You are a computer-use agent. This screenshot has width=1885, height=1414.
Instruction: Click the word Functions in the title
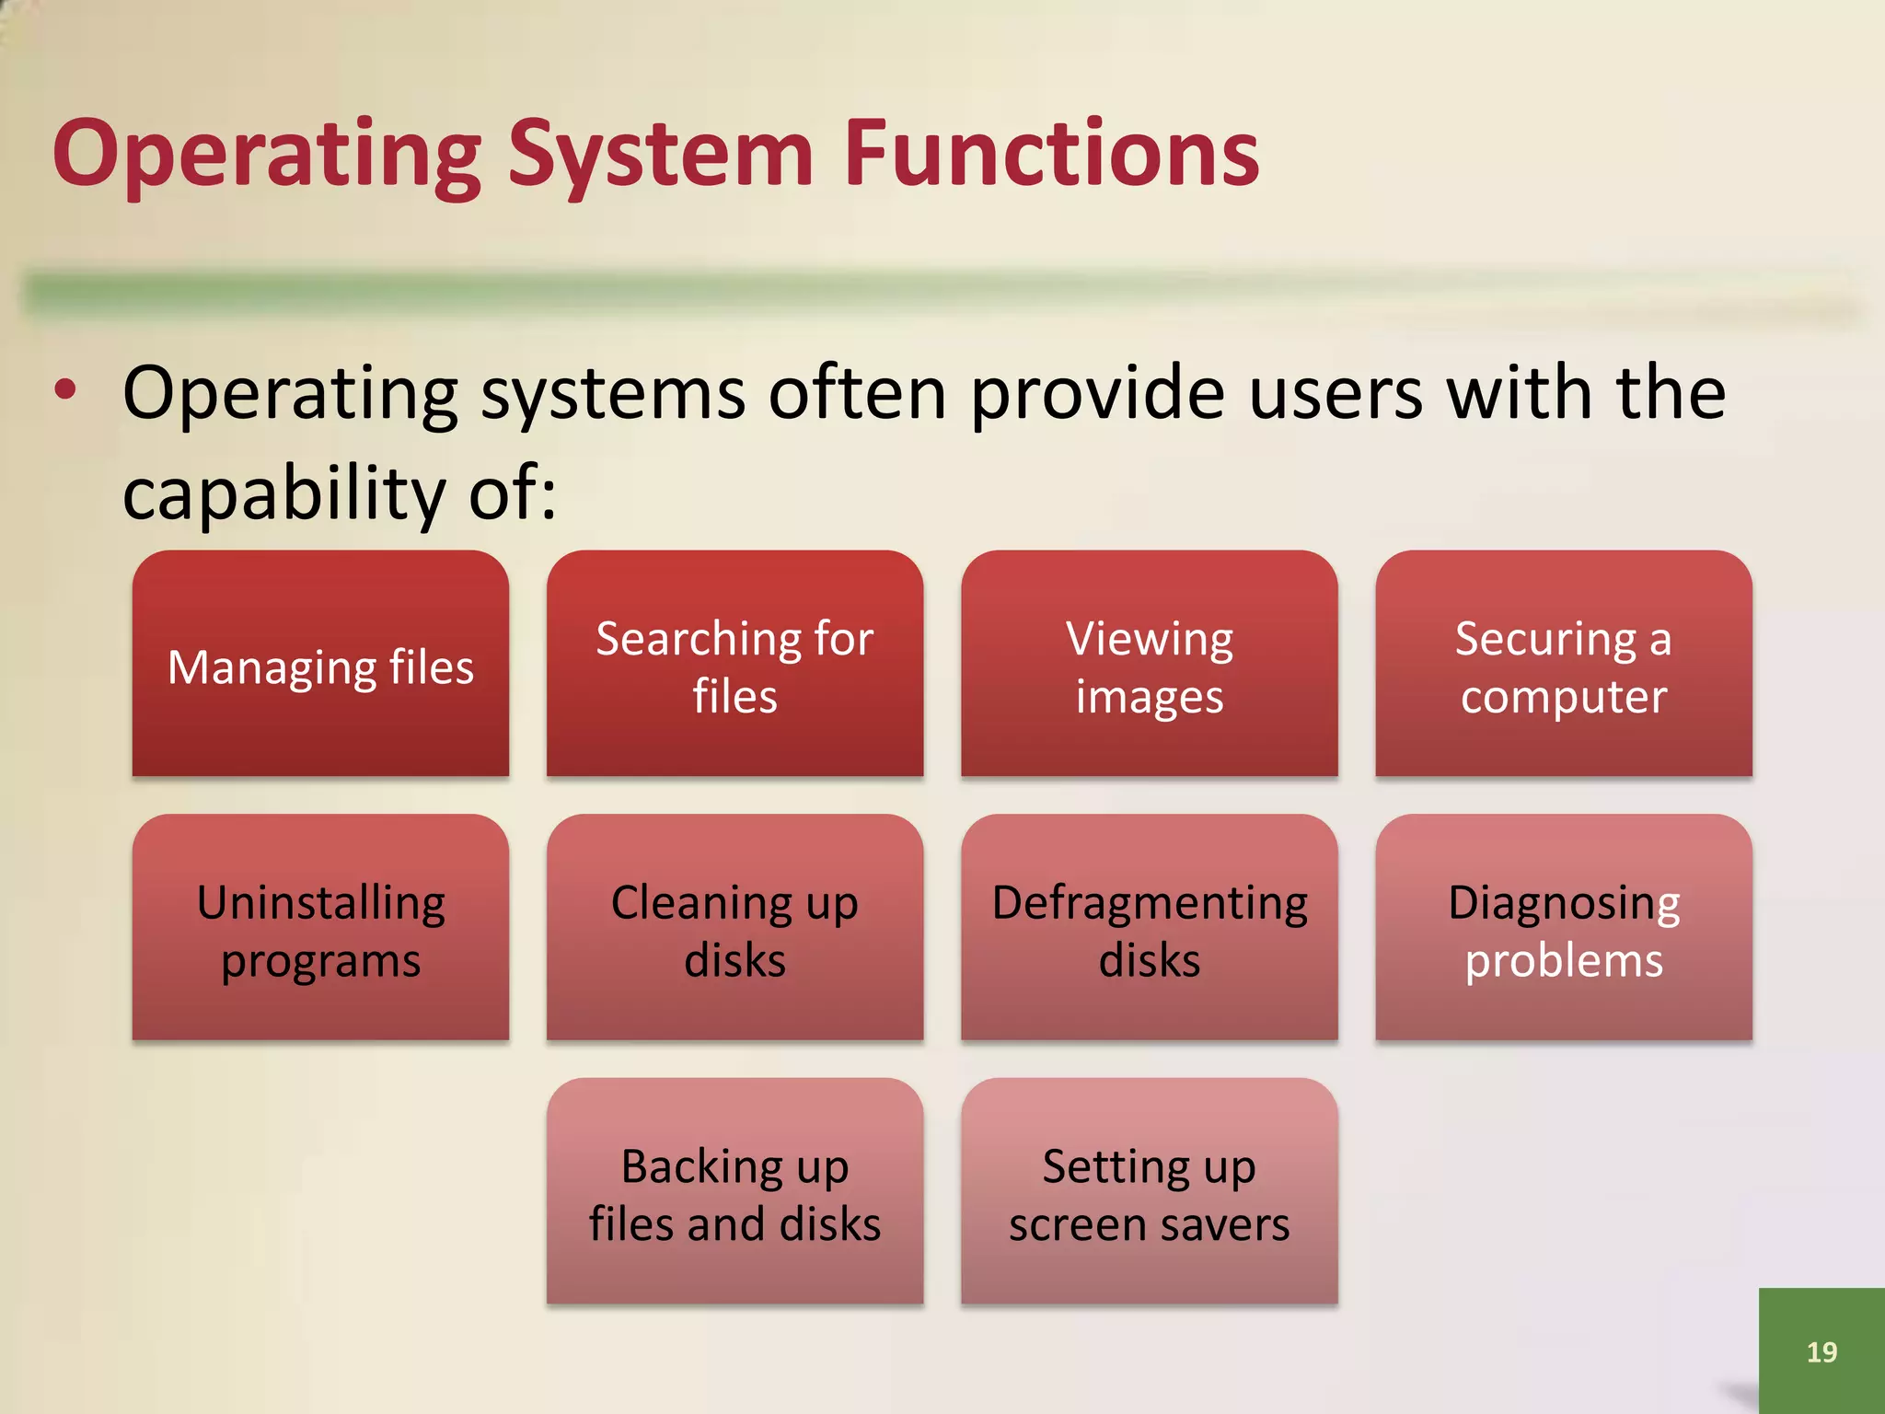(1051, 154)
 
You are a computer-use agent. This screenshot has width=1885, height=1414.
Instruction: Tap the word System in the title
(660, 154)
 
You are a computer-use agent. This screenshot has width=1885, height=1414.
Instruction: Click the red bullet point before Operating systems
(65, 389)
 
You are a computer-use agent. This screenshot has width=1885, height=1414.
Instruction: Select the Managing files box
(320, 664)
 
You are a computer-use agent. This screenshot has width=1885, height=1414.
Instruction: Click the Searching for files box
(734, 664)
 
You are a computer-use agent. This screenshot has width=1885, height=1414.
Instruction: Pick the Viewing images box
(1149, 664)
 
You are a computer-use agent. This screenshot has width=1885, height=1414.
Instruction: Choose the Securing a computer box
(1563, 664)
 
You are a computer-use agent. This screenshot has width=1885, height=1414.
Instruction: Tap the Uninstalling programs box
(320, 928)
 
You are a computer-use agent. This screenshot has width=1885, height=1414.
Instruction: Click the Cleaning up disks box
(734, 928)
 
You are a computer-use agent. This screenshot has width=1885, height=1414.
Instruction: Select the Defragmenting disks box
(1149, 928)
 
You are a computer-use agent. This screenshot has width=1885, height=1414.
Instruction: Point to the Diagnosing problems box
(1563, 928)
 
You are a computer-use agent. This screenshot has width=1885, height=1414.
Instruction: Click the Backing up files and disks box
(734, 1191)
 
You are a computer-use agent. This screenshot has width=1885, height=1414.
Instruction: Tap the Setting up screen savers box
(1149, 1191)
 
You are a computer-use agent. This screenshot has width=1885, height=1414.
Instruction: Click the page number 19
(1821, 1351)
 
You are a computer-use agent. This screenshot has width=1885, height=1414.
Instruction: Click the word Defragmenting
(1149, 903)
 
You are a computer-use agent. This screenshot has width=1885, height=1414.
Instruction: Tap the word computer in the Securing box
(1563, 697)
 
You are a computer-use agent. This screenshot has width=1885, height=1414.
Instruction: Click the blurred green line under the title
(920, 293)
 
